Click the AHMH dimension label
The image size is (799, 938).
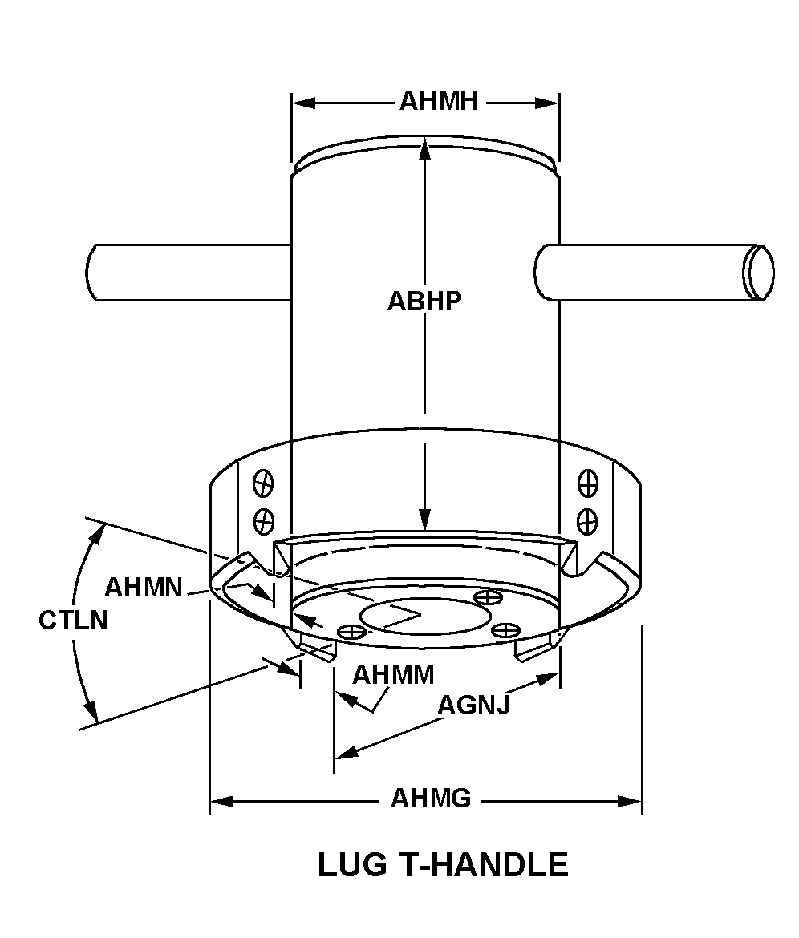click(439, 102)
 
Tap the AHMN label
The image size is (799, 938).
click(143, 587)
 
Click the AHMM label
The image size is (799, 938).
click(393, 674)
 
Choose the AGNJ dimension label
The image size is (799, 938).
click(473, 705)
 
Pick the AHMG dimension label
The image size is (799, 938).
click(431, 799)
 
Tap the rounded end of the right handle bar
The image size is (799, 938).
click(758, 272)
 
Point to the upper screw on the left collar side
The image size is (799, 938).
click(263, 483)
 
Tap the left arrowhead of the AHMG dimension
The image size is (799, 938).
click(219, 800)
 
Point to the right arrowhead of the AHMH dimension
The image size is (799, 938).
click(550, 103)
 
